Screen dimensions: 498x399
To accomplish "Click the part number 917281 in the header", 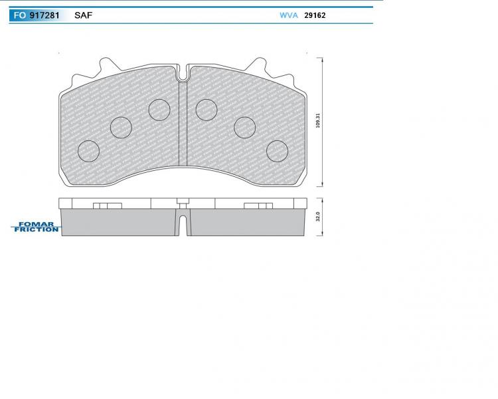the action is click(x=44, y=15).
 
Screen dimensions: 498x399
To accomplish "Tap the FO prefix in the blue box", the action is click(x=19, y=15).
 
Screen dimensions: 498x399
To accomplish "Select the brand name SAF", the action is click(x=83, y=15).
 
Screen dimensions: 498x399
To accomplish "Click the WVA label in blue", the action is click(x=289, y=15).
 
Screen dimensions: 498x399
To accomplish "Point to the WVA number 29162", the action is click(x=315, y=15).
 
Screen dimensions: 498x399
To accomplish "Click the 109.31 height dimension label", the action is click(x=318, y=120).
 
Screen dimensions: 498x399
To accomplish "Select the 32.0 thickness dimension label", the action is click(x=318, y=217).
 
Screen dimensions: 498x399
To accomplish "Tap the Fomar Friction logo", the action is click(x=35, y=227).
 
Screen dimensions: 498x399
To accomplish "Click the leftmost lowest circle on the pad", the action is click(x=88, y=151).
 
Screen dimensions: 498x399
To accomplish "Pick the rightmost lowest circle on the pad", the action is click(x=278, y=151).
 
